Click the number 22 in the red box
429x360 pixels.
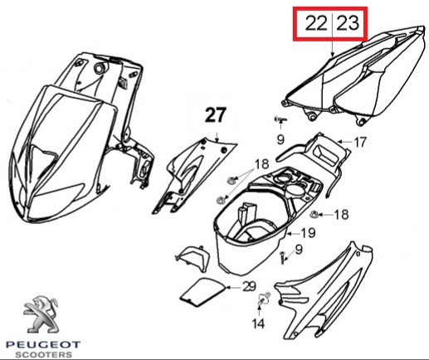(316, 23)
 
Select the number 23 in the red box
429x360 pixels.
(349, 23)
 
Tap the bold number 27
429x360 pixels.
(216, 114)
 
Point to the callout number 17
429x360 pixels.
(360, 143)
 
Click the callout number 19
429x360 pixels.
(308, 233)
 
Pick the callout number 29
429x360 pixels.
(249, 287)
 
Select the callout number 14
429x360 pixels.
(258, 324)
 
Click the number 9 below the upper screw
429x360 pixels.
(280, 139)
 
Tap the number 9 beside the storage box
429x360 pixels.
(299, 250)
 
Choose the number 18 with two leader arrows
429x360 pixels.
(261, 164)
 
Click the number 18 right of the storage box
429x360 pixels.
(341, 215)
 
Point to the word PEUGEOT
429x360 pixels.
(43, 345)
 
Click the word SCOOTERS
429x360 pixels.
(43, 354)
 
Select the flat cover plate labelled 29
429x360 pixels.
(202, 293)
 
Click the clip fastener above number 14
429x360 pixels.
(263, 299)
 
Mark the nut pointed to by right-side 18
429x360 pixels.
(314, 214)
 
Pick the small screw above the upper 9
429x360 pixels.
(280, 119)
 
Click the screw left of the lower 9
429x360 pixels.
(282, 257)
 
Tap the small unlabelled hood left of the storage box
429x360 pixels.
(193, 256)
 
